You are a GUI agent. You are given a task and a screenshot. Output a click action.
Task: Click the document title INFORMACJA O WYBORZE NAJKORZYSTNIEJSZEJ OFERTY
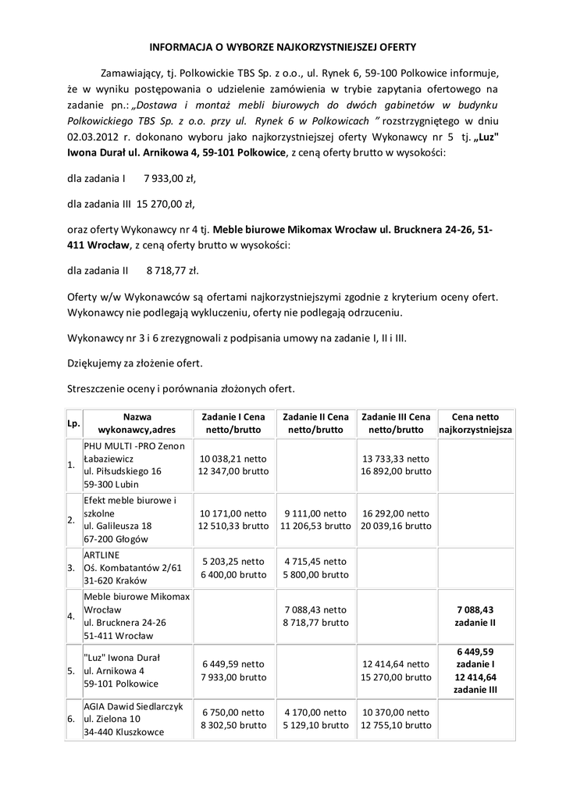[x=283, y=47]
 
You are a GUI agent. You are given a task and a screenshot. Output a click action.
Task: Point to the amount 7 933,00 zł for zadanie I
[x=169, y=179]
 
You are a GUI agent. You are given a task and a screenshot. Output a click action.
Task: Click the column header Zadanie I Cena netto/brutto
[x=233, y=423]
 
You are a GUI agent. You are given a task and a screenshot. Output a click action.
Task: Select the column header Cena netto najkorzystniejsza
[x=475, y=423]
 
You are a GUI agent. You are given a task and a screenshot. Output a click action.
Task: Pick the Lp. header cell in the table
[x=73, y=423]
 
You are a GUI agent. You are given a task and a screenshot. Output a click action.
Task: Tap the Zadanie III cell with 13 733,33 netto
[x=395, y=466]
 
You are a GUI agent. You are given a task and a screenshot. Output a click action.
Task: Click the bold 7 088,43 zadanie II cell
[x=475, y=616]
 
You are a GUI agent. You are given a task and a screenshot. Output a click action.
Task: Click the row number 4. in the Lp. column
[x=72, y=616]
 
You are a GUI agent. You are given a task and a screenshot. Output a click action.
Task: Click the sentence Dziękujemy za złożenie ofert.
[x=134, y=363]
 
